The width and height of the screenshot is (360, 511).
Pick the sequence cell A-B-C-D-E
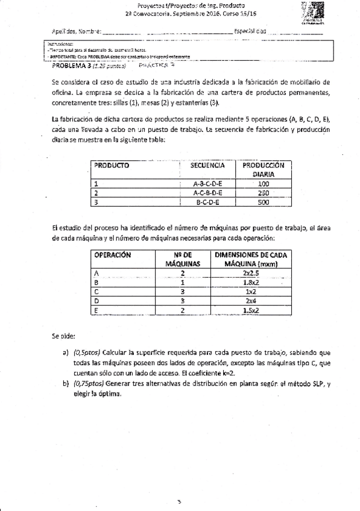(208, 184)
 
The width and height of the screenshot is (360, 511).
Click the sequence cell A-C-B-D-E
(208, 193)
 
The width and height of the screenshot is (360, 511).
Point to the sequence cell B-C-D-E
(208, 202)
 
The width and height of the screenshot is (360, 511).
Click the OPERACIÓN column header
(113, 255)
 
